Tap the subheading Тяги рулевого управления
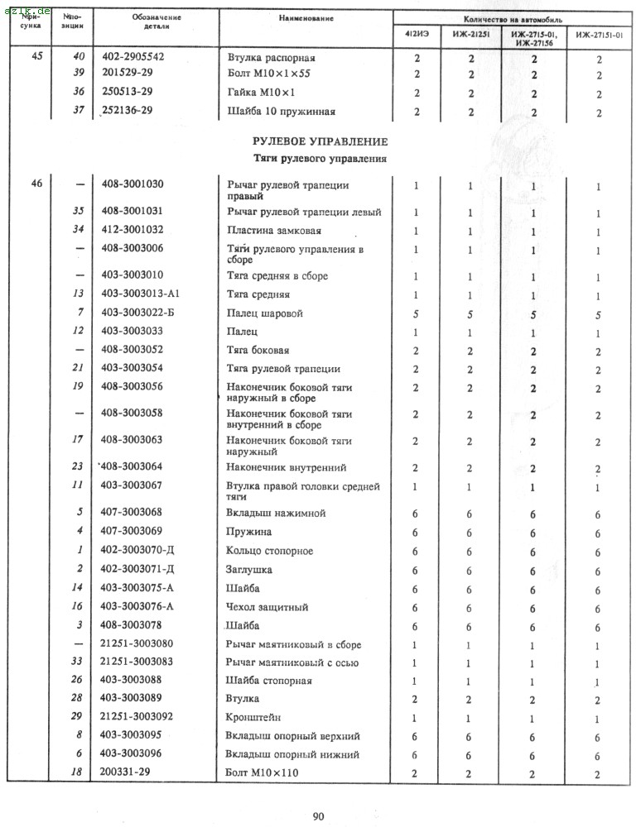coord(320,158)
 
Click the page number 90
coord(319,817)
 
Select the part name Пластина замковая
coord(274,231)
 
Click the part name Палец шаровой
coord(265,313)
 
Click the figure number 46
coord(36,185)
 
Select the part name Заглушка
coord(249,570)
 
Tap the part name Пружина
coord(249,532)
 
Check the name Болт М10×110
coord(262,773)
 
